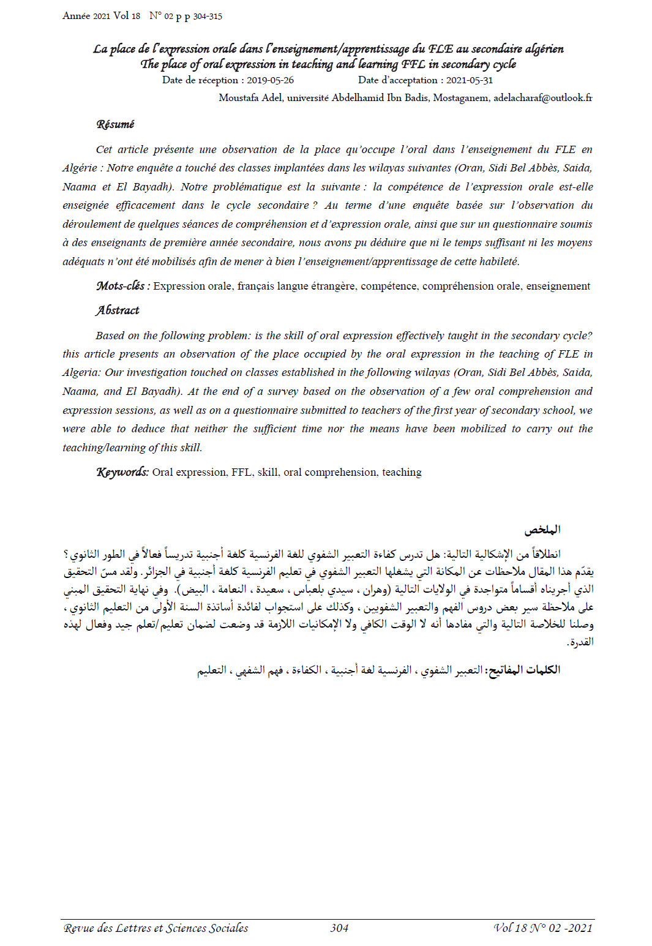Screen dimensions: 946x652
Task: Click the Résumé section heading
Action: [115, 124]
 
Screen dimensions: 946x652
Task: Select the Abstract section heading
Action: [118, 310]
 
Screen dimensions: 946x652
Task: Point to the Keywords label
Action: [122, 472]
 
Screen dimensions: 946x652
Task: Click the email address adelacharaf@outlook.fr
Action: [542, 98]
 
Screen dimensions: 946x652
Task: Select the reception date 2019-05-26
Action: [270, 80]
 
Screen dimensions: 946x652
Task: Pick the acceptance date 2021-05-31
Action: [469, 80]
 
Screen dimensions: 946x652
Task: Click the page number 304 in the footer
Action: [339, 928]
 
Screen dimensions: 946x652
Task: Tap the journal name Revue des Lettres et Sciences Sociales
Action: [156, 928]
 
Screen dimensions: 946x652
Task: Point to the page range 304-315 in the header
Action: [208, 17]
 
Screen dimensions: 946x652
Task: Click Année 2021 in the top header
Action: [86, 16]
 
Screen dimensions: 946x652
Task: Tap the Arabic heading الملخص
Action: [542, 530]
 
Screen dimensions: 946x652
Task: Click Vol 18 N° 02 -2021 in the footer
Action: [543, 928]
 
